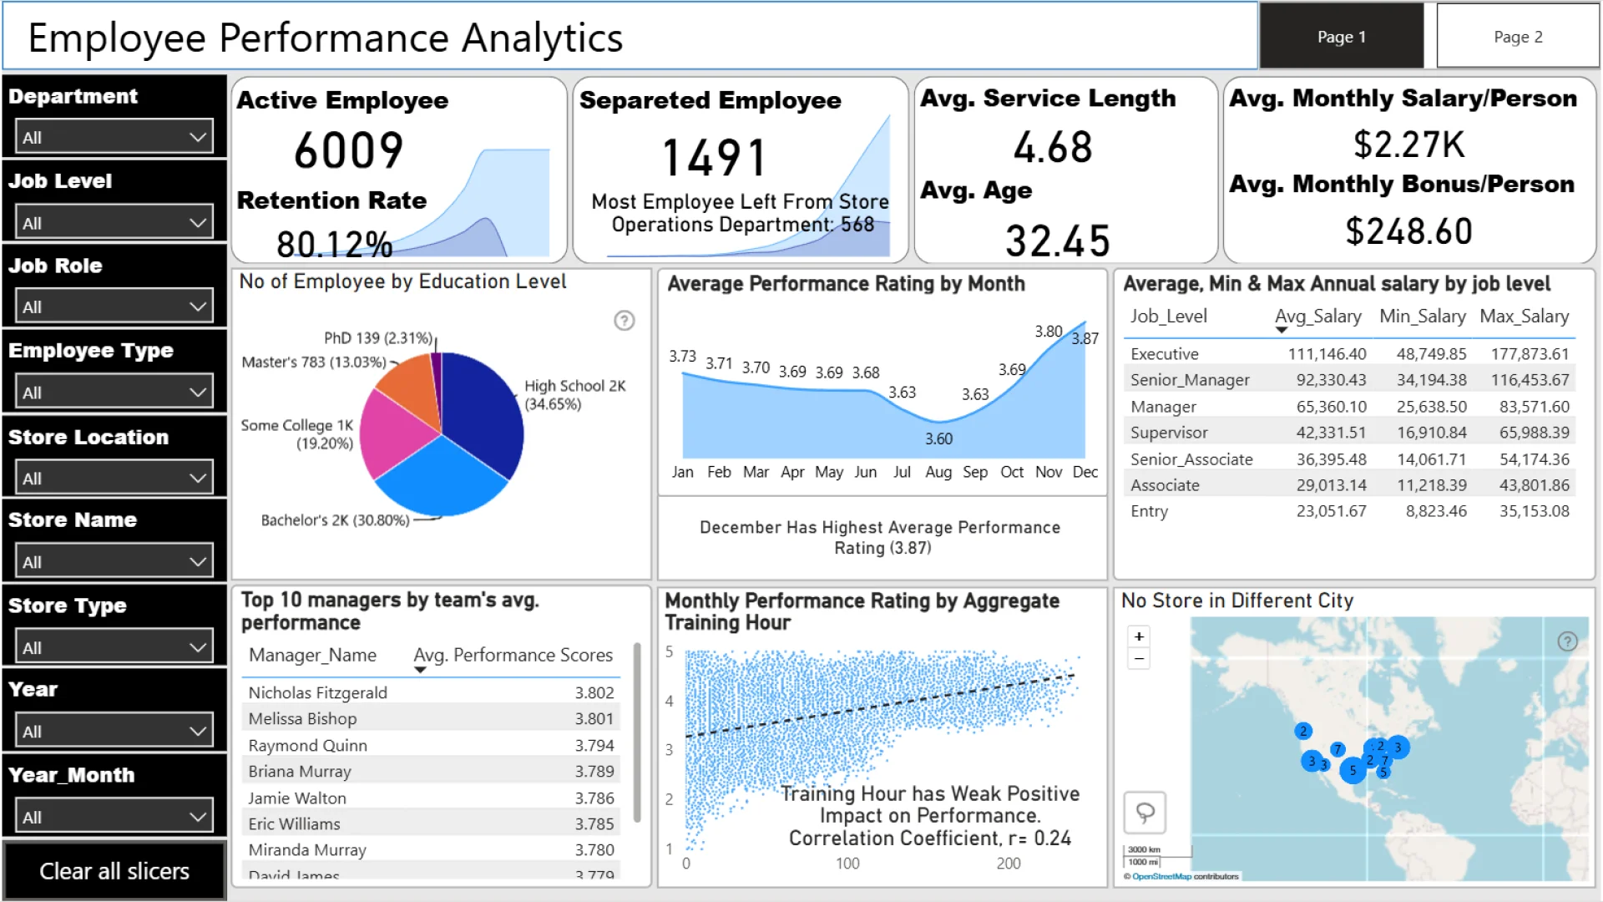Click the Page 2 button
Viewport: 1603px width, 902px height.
tap(1517, 37)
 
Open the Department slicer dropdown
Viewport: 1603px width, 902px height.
tap(114, 137)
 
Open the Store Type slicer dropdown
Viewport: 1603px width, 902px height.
tap(114, 647)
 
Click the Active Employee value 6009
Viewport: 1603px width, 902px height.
tap(349, 151)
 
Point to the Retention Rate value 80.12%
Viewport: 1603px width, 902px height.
tap(334, 244)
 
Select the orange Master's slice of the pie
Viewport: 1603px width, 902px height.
tap(407, 388)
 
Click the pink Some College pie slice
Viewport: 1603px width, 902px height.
tap(394, 434)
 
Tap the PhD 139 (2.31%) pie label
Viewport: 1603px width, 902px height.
tap(378, 338)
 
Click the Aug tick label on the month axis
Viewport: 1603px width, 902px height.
tap(938, 472)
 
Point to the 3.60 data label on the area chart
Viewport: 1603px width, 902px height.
tap(938, 438)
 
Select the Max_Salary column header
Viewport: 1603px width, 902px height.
tap(1524, 317)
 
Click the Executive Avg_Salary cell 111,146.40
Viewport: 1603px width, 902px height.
tap(1327, 354)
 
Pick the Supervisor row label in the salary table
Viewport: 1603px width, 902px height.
tap(1169, 433)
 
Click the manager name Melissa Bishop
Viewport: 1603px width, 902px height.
tap(302, 718)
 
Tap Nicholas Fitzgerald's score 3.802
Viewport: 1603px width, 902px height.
tap(594, 692)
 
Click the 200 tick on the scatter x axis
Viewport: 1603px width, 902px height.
tap(1009, 864)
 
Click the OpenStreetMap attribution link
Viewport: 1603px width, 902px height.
tap(1161, 876)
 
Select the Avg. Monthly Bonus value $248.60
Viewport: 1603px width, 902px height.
tap(1408, 231)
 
